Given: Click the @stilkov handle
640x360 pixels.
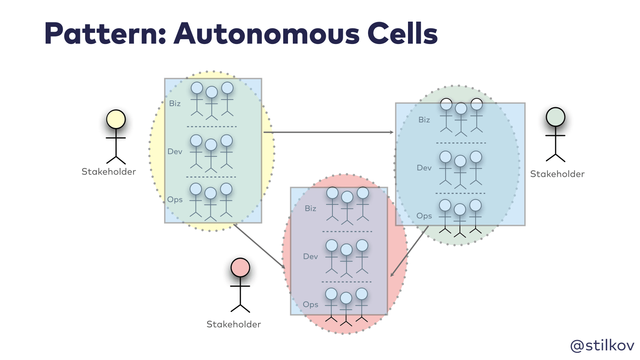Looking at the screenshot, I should pos(602,345).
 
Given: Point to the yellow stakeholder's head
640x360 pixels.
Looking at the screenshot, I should pos(116,119).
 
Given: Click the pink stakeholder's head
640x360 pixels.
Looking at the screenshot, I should pos(240,268).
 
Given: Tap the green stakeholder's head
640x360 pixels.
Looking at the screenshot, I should pos(556,117).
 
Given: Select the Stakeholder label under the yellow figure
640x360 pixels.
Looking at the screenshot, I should pos(109,172).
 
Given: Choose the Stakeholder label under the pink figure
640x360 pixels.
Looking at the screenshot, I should pos(234,324).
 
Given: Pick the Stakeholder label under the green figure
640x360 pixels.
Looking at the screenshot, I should pos(557,174).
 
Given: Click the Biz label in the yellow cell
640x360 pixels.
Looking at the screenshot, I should pos(175,104).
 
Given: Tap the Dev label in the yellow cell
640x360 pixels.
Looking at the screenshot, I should pos(175,152).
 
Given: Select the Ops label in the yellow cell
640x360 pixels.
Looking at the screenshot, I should pos(175,200).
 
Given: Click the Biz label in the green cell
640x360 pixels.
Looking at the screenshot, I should pos(424,120).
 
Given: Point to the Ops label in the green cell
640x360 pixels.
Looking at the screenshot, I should pos(424,216).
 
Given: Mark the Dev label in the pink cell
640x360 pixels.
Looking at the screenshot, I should pos(310,256).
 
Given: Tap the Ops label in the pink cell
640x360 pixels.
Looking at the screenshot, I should pos(310,304).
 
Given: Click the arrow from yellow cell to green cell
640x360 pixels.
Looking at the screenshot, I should pos(328,132).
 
